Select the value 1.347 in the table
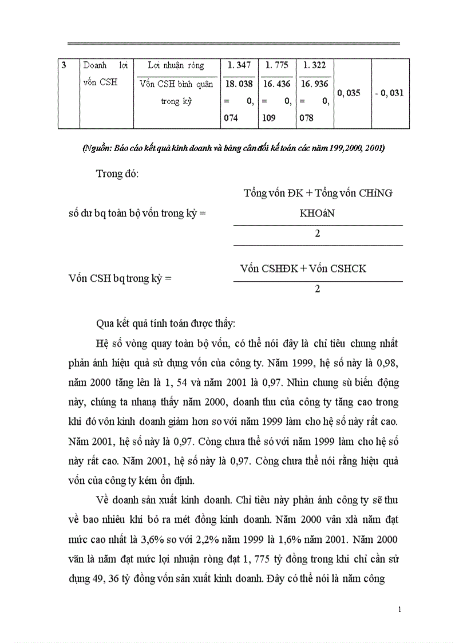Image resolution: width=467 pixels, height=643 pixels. [240, 65]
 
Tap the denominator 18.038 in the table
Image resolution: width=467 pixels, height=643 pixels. [240, 84]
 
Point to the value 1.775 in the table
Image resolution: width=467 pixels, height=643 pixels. [277, 65]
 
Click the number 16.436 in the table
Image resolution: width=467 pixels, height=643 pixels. [277, 84]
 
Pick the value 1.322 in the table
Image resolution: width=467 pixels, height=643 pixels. [314, 65]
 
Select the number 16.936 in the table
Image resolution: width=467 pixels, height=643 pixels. [314, 84]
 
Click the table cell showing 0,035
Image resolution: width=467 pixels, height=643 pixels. [349, 93]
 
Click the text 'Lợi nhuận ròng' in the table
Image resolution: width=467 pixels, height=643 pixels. [176, 65]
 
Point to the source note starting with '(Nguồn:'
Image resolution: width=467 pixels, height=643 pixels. [233, 148]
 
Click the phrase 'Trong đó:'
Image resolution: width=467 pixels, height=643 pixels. [117, 174]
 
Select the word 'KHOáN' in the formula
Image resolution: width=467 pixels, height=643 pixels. [318, 213]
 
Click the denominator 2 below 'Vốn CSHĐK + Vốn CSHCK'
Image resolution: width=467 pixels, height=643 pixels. [318, 289]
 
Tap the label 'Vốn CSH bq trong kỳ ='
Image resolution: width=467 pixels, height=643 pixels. [120, 279]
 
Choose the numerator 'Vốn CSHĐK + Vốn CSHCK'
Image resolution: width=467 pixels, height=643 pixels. [303, 269]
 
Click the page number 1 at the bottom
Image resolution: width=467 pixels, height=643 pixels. [399, 610]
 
